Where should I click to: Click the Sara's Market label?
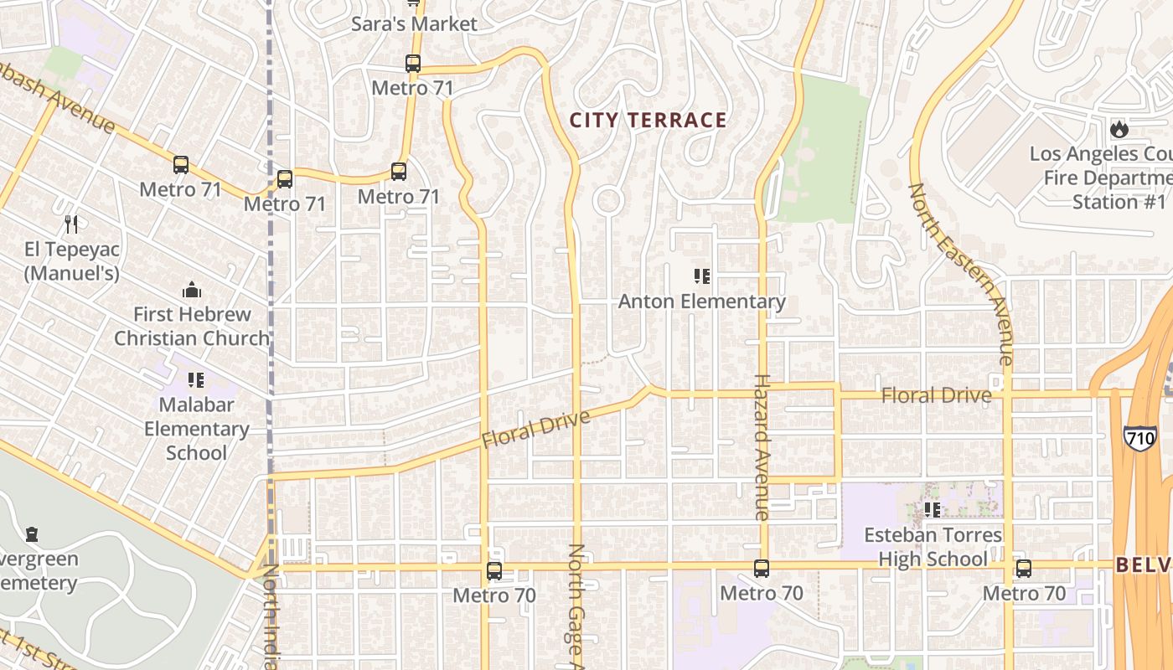414,24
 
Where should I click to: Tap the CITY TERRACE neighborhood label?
648,120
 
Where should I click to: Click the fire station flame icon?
1119,129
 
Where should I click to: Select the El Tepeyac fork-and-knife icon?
71,224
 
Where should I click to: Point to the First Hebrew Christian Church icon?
192,290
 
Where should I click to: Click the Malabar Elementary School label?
196,428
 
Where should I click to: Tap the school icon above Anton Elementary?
702,276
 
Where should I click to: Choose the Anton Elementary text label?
702,301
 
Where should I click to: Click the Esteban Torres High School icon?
932,509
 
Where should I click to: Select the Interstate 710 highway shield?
1139,437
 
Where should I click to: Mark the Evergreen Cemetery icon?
32,533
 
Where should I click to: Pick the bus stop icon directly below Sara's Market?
412,63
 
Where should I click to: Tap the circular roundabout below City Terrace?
607,201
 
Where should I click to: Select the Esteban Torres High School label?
933,547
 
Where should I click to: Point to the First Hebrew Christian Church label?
192,326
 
